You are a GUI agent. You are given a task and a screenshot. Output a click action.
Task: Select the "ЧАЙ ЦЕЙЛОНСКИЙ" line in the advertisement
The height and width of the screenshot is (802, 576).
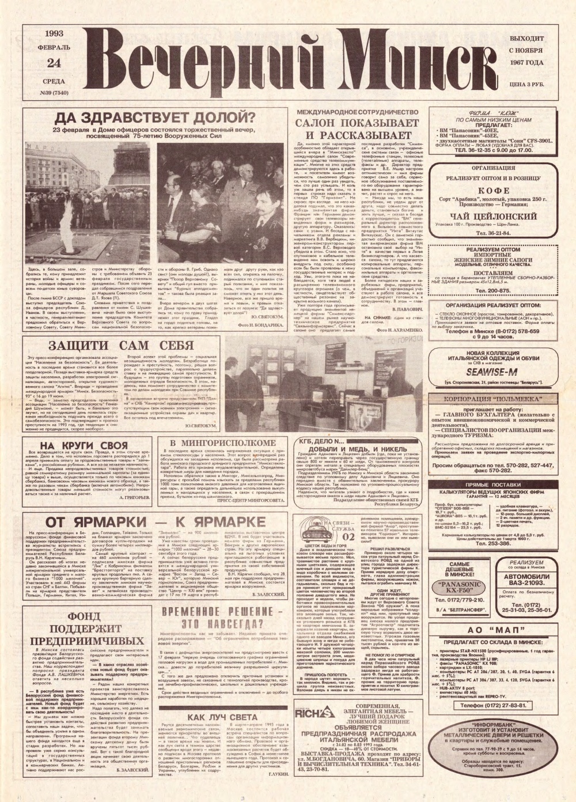484,216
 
